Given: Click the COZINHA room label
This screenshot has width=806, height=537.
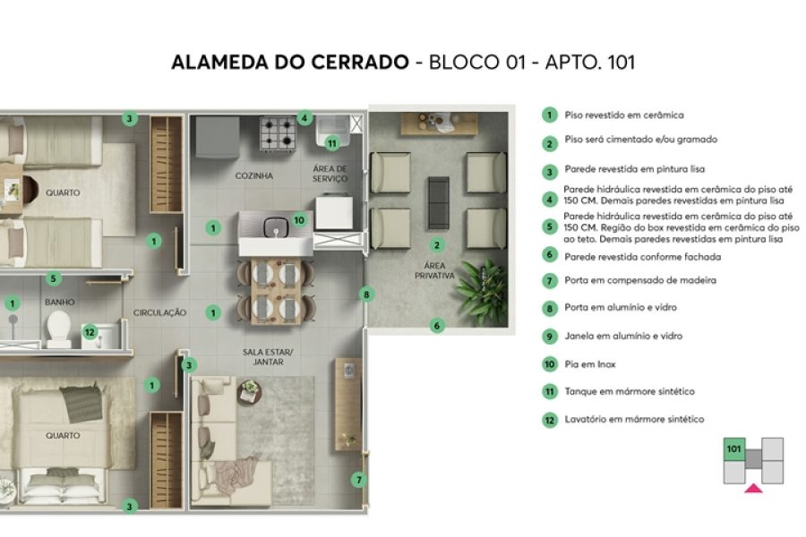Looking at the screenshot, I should click(253, 175).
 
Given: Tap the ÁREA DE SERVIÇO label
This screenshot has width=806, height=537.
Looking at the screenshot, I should click(330, 174).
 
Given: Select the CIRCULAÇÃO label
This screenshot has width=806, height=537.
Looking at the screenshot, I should click(159, 312).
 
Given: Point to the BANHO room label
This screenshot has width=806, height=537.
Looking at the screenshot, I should click(59, 303).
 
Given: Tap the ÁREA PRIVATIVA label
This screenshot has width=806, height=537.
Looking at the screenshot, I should click(435, 270).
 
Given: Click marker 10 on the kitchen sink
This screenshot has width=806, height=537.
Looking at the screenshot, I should click(299, 218).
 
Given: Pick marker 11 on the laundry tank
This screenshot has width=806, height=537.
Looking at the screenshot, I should click(332, 142).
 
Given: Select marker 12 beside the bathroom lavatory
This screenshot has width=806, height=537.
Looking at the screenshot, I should click(89, 332).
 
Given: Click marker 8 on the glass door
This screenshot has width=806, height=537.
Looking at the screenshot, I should click(365, 294).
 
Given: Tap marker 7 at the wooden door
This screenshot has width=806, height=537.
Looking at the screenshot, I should click(359, 480).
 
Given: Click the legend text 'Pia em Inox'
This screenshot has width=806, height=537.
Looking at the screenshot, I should click(590, 364).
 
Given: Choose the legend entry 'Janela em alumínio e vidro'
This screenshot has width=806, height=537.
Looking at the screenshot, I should click(623, 337).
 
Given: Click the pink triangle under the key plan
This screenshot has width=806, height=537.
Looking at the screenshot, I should click(754, 488).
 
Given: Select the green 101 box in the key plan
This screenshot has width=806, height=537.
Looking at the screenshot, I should click(734, 448).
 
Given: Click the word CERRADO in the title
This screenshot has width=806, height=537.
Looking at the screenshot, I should click(361, 64).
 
